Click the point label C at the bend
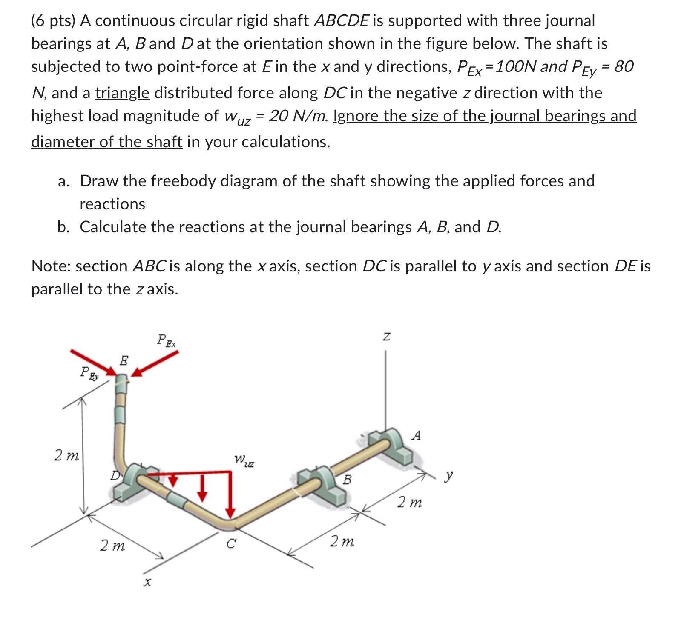(x=230, y=543)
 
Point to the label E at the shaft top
(x=124, y=360)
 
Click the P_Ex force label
(x=166, y=340)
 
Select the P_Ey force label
(x=89, y=373)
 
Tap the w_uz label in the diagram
(x=244, y=460)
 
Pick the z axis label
(x=386, y=337)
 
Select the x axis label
(x=147, y=582)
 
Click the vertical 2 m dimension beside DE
(x=66, y=456)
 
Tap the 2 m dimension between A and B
(x=409, y=503)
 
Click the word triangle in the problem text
(x=122, y=93)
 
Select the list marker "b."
(x=63, y=227)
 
